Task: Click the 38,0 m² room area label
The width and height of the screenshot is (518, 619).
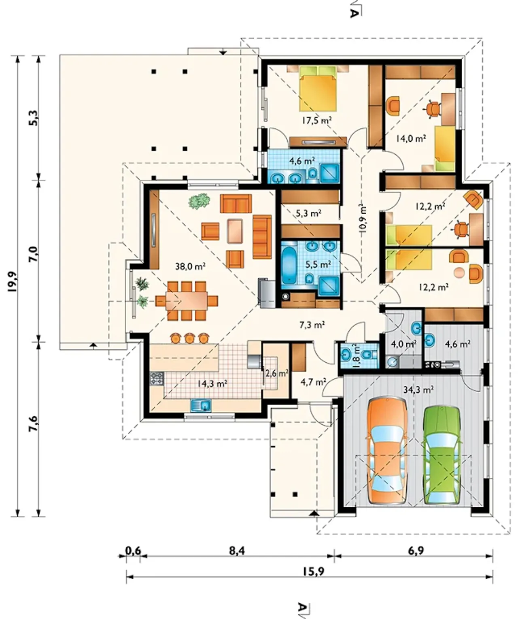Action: tap(190, 266)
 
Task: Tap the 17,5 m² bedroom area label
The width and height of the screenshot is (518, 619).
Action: tap(316, 120)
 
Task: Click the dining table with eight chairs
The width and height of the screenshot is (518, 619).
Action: tap(187, 301)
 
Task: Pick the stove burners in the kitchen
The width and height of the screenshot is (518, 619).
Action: tap(157, 379)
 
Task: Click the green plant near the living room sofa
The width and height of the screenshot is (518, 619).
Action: tap(199, 201)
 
